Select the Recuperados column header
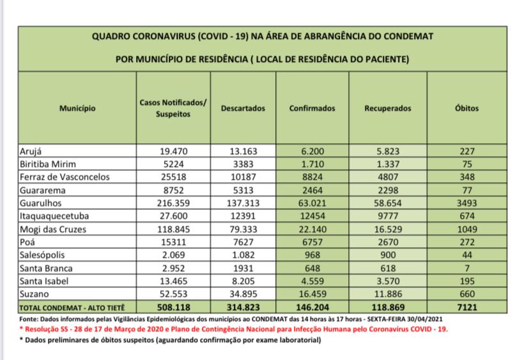pyautogui.click(x=388, y=109)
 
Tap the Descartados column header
pyautogui.click(x=242, y=109)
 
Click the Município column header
pyautogui.click(x=77, y=109)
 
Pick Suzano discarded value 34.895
pyautogui.click(x=242, y=293)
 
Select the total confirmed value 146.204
pyautogui.click(x=312, y=306)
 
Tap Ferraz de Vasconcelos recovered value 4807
pyautogui.click(x=388, y=176)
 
